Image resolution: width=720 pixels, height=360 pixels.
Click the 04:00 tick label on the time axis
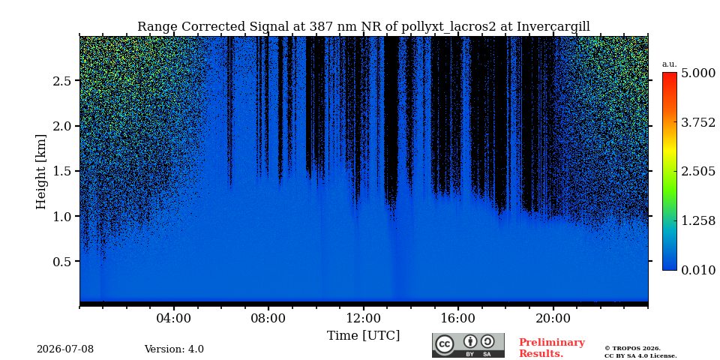[x=174, y=319]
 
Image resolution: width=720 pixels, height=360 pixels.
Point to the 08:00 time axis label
[x=268, y=319]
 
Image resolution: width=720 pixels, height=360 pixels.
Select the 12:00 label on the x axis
[x=364, y=319]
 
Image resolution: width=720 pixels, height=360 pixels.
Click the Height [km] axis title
[x=41, y=172]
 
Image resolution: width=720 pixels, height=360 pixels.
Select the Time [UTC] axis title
[x=363, y=336]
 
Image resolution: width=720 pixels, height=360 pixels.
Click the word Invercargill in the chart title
[x=553, y=27]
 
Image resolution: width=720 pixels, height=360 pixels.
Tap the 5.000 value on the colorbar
[x=698, y=73]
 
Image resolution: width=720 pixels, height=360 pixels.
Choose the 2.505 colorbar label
[x=698, y=172]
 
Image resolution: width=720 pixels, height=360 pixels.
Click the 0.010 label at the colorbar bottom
[x=698, y=270]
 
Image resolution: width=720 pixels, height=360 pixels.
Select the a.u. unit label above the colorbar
[x=670, y=64]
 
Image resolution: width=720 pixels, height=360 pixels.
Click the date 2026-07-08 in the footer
[x=65, y=349]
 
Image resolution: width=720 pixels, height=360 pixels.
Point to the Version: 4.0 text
[x=174, y=349]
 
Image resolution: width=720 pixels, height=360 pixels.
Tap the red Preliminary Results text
[x=552, y=348]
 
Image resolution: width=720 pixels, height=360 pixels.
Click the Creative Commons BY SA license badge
[x=468, y=345]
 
